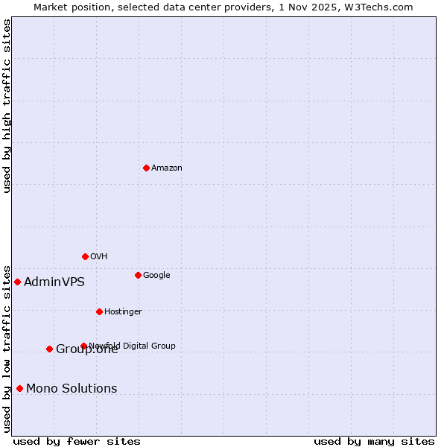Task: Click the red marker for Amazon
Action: tap(146, 168)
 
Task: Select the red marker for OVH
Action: tap(85, 256)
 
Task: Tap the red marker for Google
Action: tap(138, 275)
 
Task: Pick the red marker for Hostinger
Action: tap(99, 311)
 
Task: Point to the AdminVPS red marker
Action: tap(17, 282)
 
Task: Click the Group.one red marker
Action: tap(49, 349)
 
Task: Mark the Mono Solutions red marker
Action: tap(19, 388)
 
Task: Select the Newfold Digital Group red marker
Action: tap(83, 346)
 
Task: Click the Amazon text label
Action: tap(167, 168)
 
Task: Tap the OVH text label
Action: tap(99, 256)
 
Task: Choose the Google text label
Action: tap(156, 275)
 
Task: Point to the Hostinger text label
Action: tap(123, 311)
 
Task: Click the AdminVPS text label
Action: tap(54, 282)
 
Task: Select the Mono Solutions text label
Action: tap(72, 388)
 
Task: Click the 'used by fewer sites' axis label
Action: tap(77, 441)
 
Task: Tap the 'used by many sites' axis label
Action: tap(374, 441)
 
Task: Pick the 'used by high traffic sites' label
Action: tap(7, 106)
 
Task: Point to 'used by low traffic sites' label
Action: tap(7, 348)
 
